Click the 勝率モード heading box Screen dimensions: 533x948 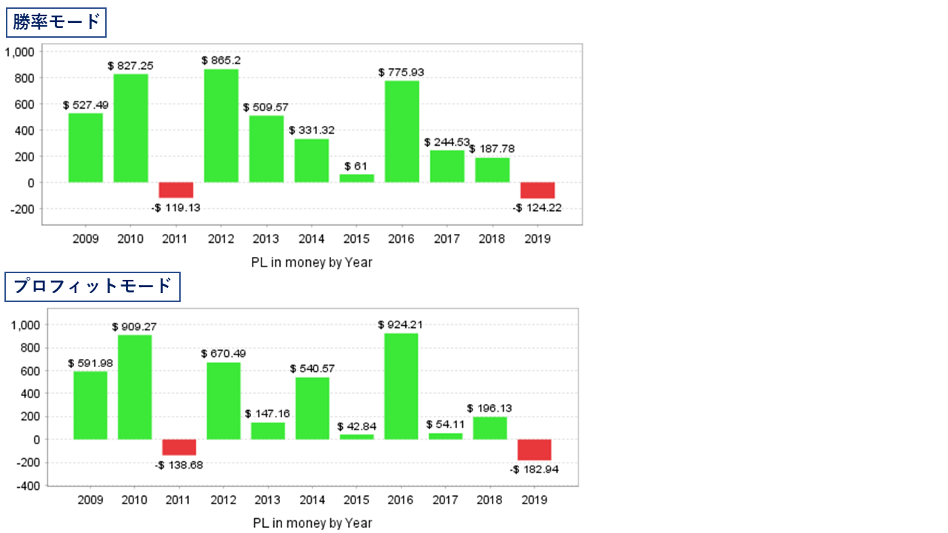(x=56, y=22)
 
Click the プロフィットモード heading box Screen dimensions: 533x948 (x=93, y=286)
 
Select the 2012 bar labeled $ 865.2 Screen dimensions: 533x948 (x=221, y=125)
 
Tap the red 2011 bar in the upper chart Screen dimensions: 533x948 (x=176, y=190)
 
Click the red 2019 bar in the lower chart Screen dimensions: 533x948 (x=534, y=450)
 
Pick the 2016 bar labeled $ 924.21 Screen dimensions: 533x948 (x=401, y=386)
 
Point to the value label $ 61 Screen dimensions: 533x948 (x=356, y=166)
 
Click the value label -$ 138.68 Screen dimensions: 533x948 (x=178, y=465)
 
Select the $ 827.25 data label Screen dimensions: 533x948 (x=130, y=66)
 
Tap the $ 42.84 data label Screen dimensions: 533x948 (x=357, y=426)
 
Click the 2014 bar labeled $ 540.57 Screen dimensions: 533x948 (x=313, y=408)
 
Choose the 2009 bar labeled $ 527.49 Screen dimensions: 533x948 (x=86, y=147)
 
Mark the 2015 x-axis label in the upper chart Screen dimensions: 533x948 (x=356, y=239)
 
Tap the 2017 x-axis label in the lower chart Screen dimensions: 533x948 (x=445, y=500)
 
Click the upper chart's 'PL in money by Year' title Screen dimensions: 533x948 (x=312, y=262)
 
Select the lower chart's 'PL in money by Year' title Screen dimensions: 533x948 (x=312, y=523)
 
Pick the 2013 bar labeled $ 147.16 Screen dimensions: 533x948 (x=268, y=431)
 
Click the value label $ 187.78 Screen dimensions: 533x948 (x=492, y=149)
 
